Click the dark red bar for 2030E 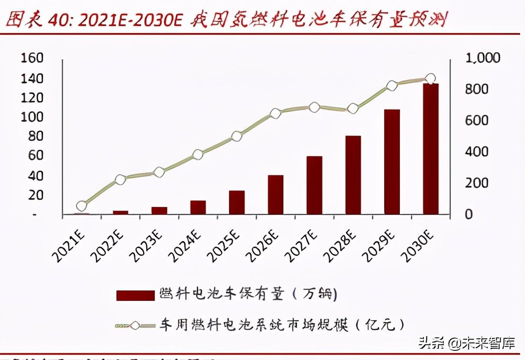pyautogui.click(x=430, y=149)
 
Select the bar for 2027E pyautogui.click(x=314, y=185)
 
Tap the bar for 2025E pyautogui.click(x=237, y=202)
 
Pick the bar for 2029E pyautogui.click(x=392, y=162)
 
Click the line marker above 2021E pyautogui.click(x=82, y=206)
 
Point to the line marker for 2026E pyautogui.click(x=276, y=114)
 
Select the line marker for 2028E pyautogui.click(x=353, y=109)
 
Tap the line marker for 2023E pyautogui.click(x=159, y=172)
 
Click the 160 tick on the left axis pyautogui.click(x=32, y=58)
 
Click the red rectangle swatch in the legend pyautogui.click(x=135, y=296)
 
